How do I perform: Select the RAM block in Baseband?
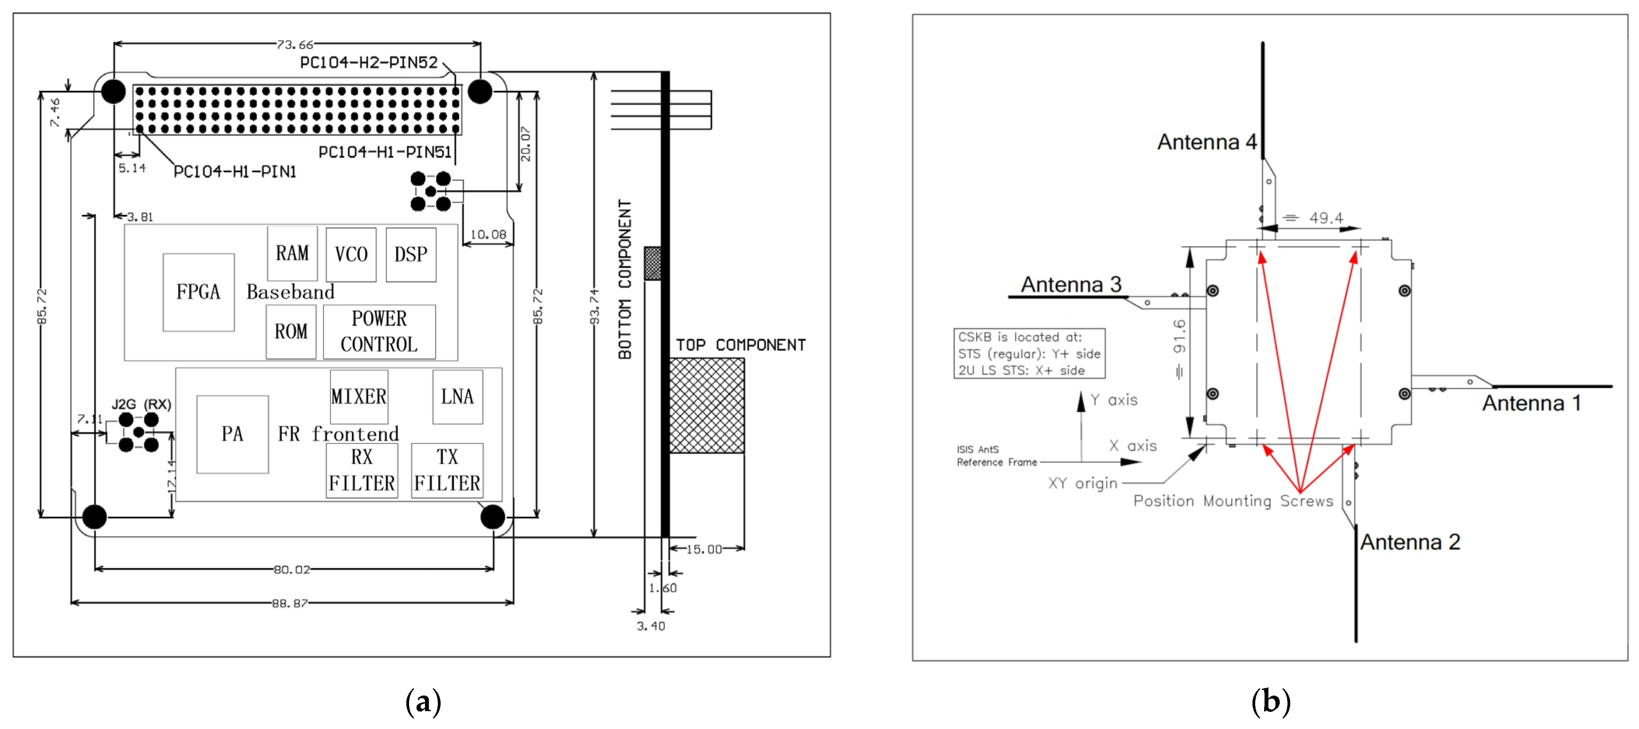pyautogui.click(x=292, y=253)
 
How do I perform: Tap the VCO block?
pyautogui.click(x=351, y=254)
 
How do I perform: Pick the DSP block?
pyautogui.click(x=411, y=254)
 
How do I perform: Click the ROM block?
pyautogui.click(x=291, y=331)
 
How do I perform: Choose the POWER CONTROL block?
pyautogui.click(x=379, y=331)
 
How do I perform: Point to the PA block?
pyautogui.click(x=232, y=434)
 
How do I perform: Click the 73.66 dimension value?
pyautogui.click(x=295, y=45)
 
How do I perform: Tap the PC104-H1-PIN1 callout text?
pyautogui.click(x=235, y=172)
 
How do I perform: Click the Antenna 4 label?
pyautogui.click(x=1206, y=142)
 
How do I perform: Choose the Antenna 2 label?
pyautogui.click(x=1410, y=542)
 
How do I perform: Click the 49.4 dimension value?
pyautogui.click(x=1326, y=218)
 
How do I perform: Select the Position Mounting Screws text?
pyautogui.click(x=1233, y=501)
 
